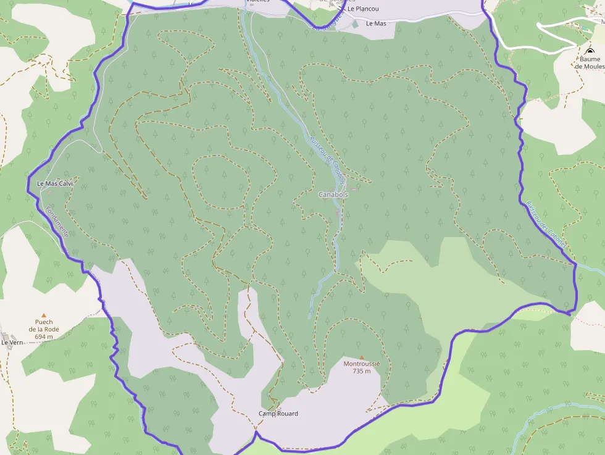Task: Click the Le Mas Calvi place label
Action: [55, 183]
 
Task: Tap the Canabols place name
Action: [333, 194]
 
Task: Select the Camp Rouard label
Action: [278, 413]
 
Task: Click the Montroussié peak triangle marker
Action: [362, 357]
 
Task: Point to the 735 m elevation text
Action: [362, 371]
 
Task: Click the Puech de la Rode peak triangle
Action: [44, 315]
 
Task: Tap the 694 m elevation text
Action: [44, 336]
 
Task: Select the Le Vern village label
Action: [12, 342]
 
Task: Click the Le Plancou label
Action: [363, 9]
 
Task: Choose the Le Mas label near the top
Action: [376, 23]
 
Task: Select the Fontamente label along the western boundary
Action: [56, 219]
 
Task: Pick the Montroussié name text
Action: [362, 364]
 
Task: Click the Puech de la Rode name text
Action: [44, 325]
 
